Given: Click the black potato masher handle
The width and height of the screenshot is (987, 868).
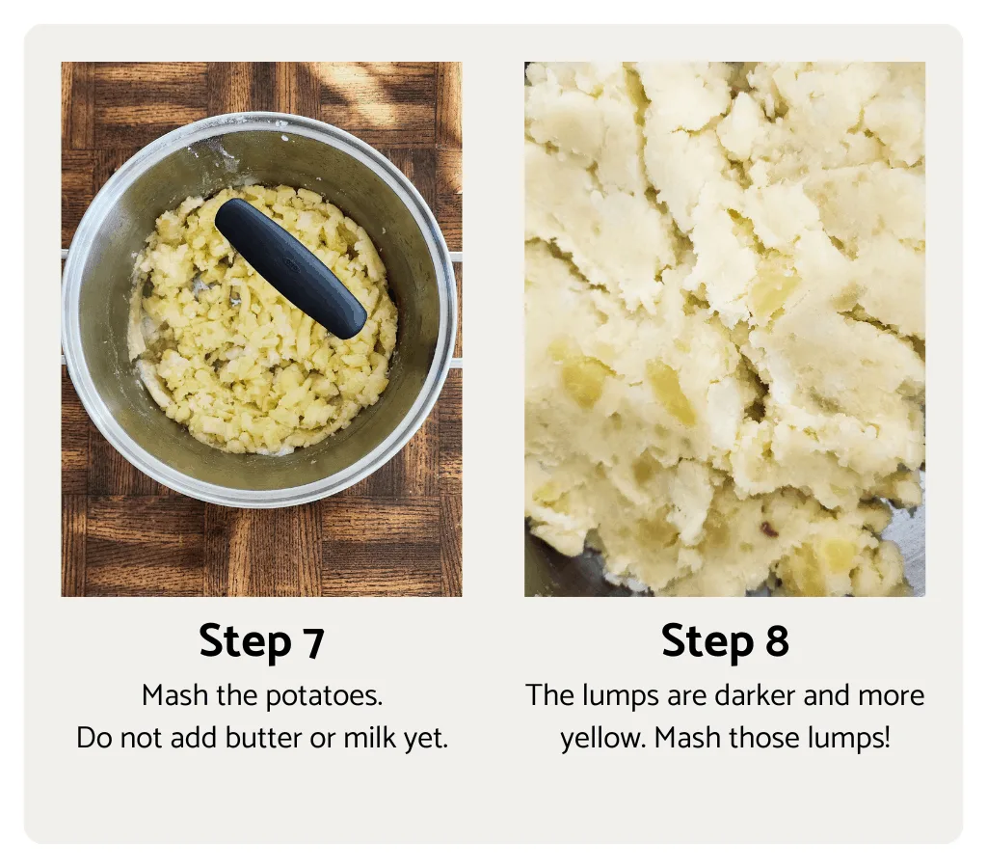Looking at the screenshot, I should pyautogui.click(x=290, y=267).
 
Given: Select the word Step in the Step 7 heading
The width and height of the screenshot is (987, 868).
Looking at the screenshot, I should pyautogui.click(x=245, y=643).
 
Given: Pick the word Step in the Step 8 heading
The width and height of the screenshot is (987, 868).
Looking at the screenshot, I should pyautogui.click(x=707, y=643).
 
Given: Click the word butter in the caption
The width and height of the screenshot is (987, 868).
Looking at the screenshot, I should pyautogui.click(x=267, y=739).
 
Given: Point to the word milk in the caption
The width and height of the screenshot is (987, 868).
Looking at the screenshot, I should pyautogui.click(x=372, y=739).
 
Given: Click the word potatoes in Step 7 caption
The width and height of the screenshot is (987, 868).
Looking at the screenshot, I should pyautogui.click(x=328, y=696).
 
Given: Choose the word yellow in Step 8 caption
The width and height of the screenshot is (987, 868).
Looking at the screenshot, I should pyautogui.click(x=590, y=740).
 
